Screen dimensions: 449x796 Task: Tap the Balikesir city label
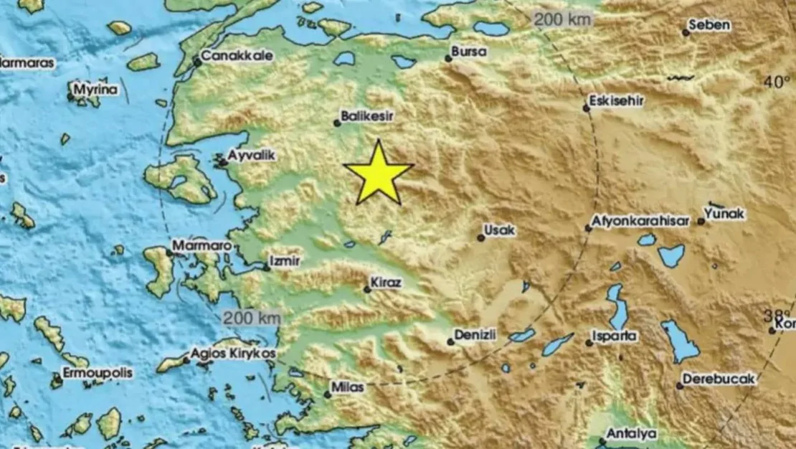[368, 115]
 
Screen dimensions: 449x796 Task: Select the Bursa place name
[469, 52]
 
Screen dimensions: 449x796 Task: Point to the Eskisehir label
[617, 101]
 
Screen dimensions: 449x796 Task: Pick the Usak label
[501, 230]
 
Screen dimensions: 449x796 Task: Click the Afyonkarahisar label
[641, 221]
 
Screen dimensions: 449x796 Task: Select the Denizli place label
[476, 335]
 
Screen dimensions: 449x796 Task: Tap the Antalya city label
[632, 433]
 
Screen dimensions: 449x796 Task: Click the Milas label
[348, 387]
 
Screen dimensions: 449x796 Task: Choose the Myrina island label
[98, 90]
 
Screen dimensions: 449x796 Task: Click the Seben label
[709, 25]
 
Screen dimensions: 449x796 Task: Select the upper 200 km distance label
[563, 19]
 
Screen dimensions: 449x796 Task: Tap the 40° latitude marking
[776, 82]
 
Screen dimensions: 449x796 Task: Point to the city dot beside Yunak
[701, 221]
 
